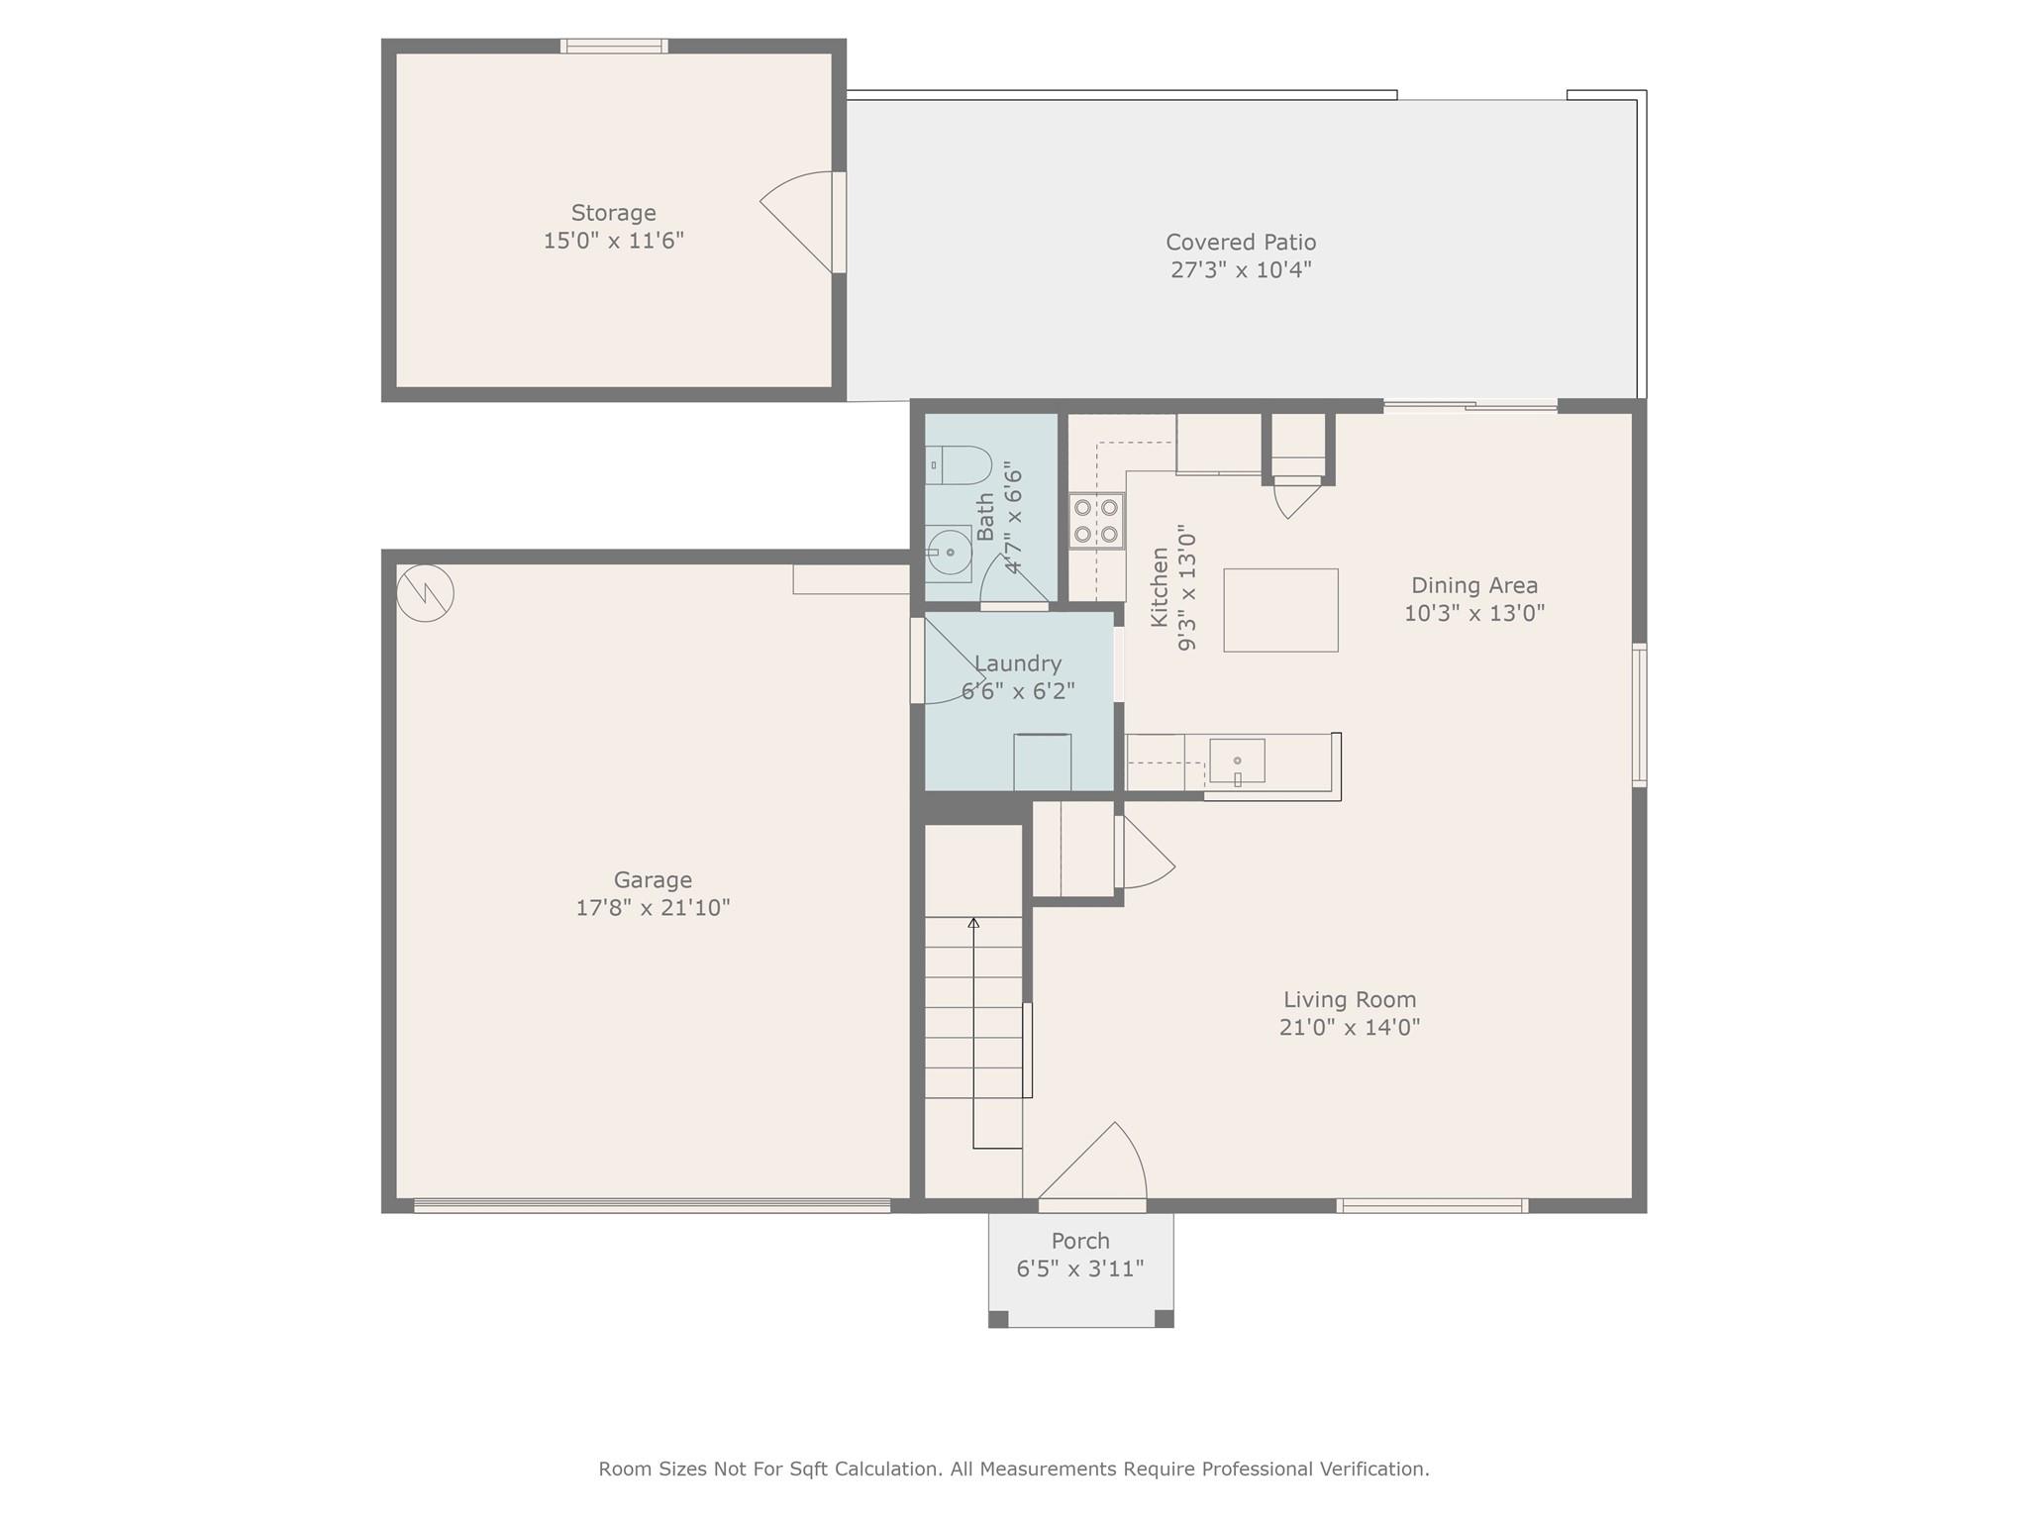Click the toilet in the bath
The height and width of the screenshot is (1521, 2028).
959,465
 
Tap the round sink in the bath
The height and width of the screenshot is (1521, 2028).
949,553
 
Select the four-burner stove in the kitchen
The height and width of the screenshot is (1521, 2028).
1096,521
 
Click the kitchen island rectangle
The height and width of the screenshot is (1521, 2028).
1280,610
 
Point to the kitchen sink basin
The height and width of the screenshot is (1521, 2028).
1237,760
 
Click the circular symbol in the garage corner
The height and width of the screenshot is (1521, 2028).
425,593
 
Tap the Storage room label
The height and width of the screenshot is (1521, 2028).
614,213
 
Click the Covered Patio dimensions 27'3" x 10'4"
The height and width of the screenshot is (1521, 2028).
1241,269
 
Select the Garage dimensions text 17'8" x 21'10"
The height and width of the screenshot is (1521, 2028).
653,907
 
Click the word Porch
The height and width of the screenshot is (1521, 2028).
1080,1241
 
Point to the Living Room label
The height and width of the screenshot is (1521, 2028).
1350,1000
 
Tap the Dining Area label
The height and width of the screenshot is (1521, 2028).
1474,585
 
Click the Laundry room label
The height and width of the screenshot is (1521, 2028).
1018,663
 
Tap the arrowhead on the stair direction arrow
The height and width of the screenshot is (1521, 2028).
973,923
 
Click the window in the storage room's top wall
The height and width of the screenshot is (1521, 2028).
614,46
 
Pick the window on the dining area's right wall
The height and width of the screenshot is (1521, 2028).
1639,715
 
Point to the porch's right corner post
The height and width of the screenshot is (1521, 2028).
1165,1319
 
